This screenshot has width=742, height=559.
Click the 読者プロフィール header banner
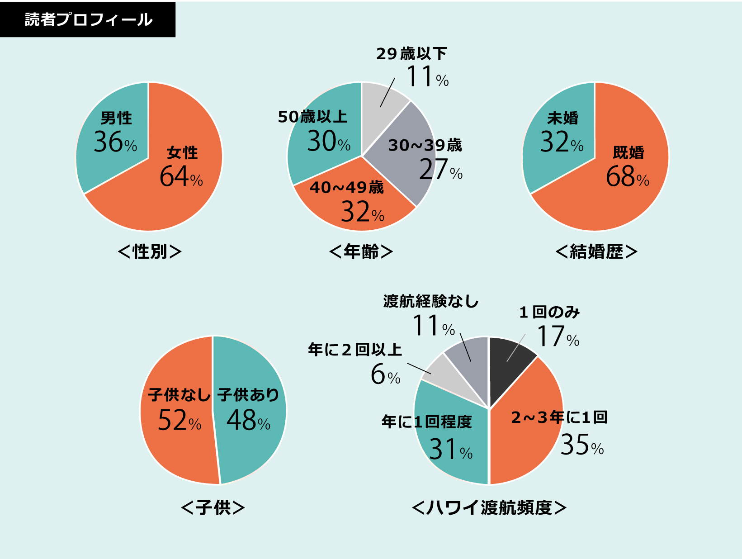click(88, 19)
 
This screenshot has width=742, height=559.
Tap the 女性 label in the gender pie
click(182, 152)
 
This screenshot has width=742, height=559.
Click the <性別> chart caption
click(149, 251)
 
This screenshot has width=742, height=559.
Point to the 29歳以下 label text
click(411, 54)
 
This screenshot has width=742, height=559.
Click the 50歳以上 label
click(312, 117)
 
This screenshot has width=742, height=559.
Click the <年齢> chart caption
click(361, 251)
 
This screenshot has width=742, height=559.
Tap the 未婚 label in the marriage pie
click(562, 118)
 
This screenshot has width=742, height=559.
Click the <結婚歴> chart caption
click(596, 251)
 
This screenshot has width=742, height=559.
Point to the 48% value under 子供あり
click(248, 421)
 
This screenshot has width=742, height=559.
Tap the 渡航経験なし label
click(430, 301)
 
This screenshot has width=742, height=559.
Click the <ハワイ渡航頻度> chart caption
click(489, 507)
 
